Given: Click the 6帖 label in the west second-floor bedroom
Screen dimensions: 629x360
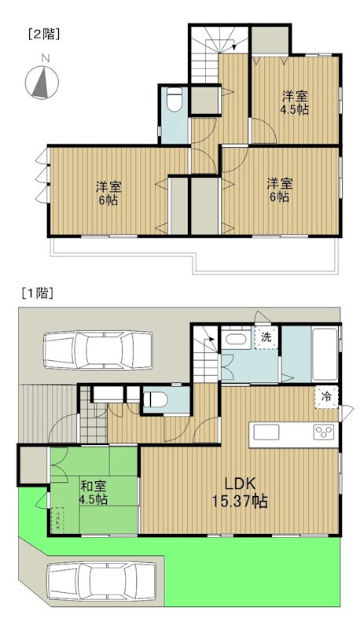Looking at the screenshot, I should (x=108, y=200).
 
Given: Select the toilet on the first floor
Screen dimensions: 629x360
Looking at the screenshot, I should (x=155, y=399).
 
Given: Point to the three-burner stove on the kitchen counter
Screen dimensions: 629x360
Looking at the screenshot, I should (x=323, y=432).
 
